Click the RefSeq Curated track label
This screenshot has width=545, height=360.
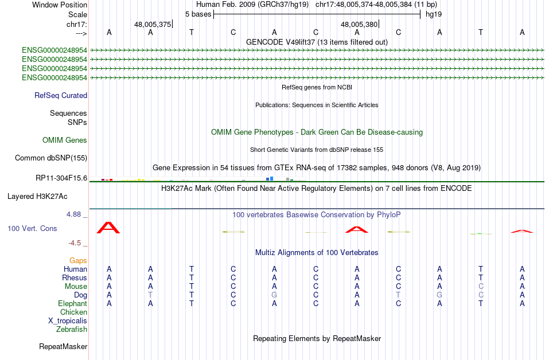coord(61,96)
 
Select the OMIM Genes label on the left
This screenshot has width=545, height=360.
coord(65,140)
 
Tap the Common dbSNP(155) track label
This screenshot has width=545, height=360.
coord(51,158)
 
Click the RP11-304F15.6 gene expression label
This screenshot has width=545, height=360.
coord(61,178)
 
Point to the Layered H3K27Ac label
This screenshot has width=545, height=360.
coord(37,197)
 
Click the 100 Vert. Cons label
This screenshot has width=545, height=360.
coord(32,228)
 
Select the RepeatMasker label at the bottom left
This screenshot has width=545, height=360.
coord(63,346)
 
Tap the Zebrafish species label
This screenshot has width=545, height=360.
coord(72,329)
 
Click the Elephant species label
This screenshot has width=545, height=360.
coord(73,303)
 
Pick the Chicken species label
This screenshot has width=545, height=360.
coord(73,312)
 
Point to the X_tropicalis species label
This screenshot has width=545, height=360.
coord(68,321)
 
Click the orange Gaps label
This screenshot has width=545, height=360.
coord(78,260)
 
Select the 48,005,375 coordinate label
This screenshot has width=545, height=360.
coord(153,24)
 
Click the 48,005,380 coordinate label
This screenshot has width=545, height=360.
coord(359,24)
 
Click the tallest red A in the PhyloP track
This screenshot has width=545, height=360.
coord(108,228)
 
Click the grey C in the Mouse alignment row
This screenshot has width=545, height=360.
coord(481,287)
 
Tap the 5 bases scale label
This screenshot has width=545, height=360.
coord(198,14)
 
